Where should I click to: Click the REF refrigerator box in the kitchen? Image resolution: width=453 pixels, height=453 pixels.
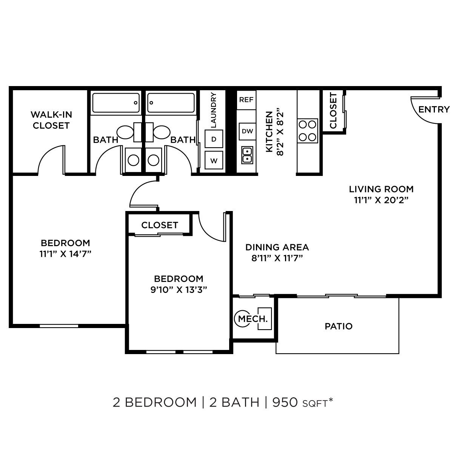pyautogui.click(x=246, y=100)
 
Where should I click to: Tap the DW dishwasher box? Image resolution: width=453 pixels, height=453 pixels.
pyautogui.click(x=247, y=131)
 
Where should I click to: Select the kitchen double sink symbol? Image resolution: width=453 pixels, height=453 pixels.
pyautogui.click(x=247, y=155)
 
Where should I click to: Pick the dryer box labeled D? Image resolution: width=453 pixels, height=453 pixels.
pyautogui.click(x=214, y=139)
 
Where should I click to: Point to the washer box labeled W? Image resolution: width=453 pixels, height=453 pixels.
pyautogui.click(x=214, y=160)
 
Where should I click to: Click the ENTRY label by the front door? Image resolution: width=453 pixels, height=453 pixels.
pyautogui.click(x=434, y=109)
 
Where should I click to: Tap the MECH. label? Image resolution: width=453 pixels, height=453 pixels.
pyautogui.click(x=253, y=319)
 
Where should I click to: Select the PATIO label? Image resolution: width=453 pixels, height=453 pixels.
pyautogui.click(x=339, y=326)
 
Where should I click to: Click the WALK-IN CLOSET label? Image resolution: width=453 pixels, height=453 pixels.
pyautogui.click(x=51, y=120)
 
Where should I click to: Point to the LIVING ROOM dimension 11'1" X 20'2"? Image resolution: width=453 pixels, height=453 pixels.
pyautogui.click(x=381, y=200)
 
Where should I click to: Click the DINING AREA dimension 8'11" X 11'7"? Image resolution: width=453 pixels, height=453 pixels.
pyautogui.click(x=277, y=258)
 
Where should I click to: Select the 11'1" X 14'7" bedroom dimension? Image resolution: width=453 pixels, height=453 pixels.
pyautogui.click(x=66, y=254)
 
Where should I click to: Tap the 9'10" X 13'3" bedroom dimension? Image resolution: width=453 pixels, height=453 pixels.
pyautogui.click(x=179, y=290)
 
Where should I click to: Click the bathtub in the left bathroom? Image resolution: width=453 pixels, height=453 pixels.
pyautogui.click(x=116, y=102)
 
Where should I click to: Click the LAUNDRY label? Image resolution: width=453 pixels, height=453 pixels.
pyautogui.click(x=213, y=109)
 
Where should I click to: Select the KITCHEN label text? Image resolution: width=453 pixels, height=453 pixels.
pyautogui.click(x=269, y=132)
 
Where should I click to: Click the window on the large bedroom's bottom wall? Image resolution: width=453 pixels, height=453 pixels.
pyautogui.click(x=59, y=325)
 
